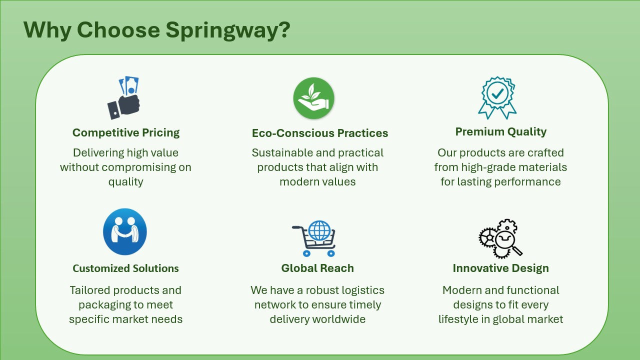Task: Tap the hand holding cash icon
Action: pos(123,97)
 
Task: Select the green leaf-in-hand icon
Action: pos(313,98)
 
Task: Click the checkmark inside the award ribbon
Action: pos(497,93)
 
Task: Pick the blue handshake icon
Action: pos(125,231)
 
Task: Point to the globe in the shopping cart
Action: pos(319,230)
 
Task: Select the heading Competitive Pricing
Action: pos(126,132)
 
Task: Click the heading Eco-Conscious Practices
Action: pos(320,133)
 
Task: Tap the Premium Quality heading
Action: pos(501,131)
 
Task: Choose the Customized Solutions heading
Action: pos(125,268)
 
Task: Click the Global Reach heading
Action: pos(317,268)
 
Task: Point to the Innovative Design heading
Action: pos(501,268)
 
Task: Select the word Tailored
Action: pos(91,290)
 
